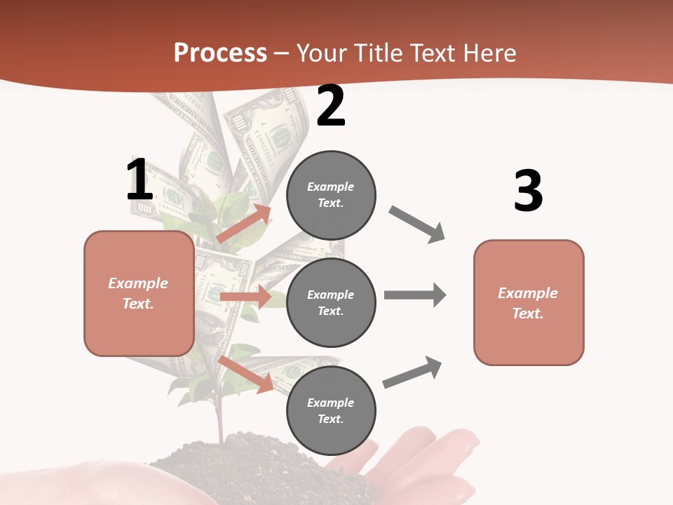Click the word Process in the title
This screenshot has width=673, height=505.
220,53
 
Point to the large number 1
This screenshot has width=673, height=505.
139,180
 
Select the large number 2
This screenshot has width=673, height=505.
331,107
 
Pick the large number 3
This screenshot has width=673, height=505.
528,191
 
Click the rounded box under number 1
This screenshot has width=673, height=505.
139,293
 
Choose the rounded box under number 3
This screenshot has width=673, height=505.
529,303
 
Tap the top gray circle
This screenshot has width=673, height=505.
331,195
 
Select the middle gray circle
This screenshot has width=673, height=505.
331,303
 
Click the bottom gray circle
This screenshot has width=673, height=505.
331,411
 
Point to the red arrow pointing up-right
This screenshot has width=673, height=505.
244,224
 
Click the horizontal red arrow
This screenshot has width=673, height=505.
245,297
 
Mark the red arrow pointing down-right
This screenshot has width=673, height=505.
245,374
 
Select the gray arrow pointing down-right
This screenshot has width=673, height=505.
416,224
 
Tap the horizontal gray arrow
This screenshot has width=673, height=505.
414,295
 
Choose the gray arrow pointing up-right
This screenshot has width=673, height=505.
413,372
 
